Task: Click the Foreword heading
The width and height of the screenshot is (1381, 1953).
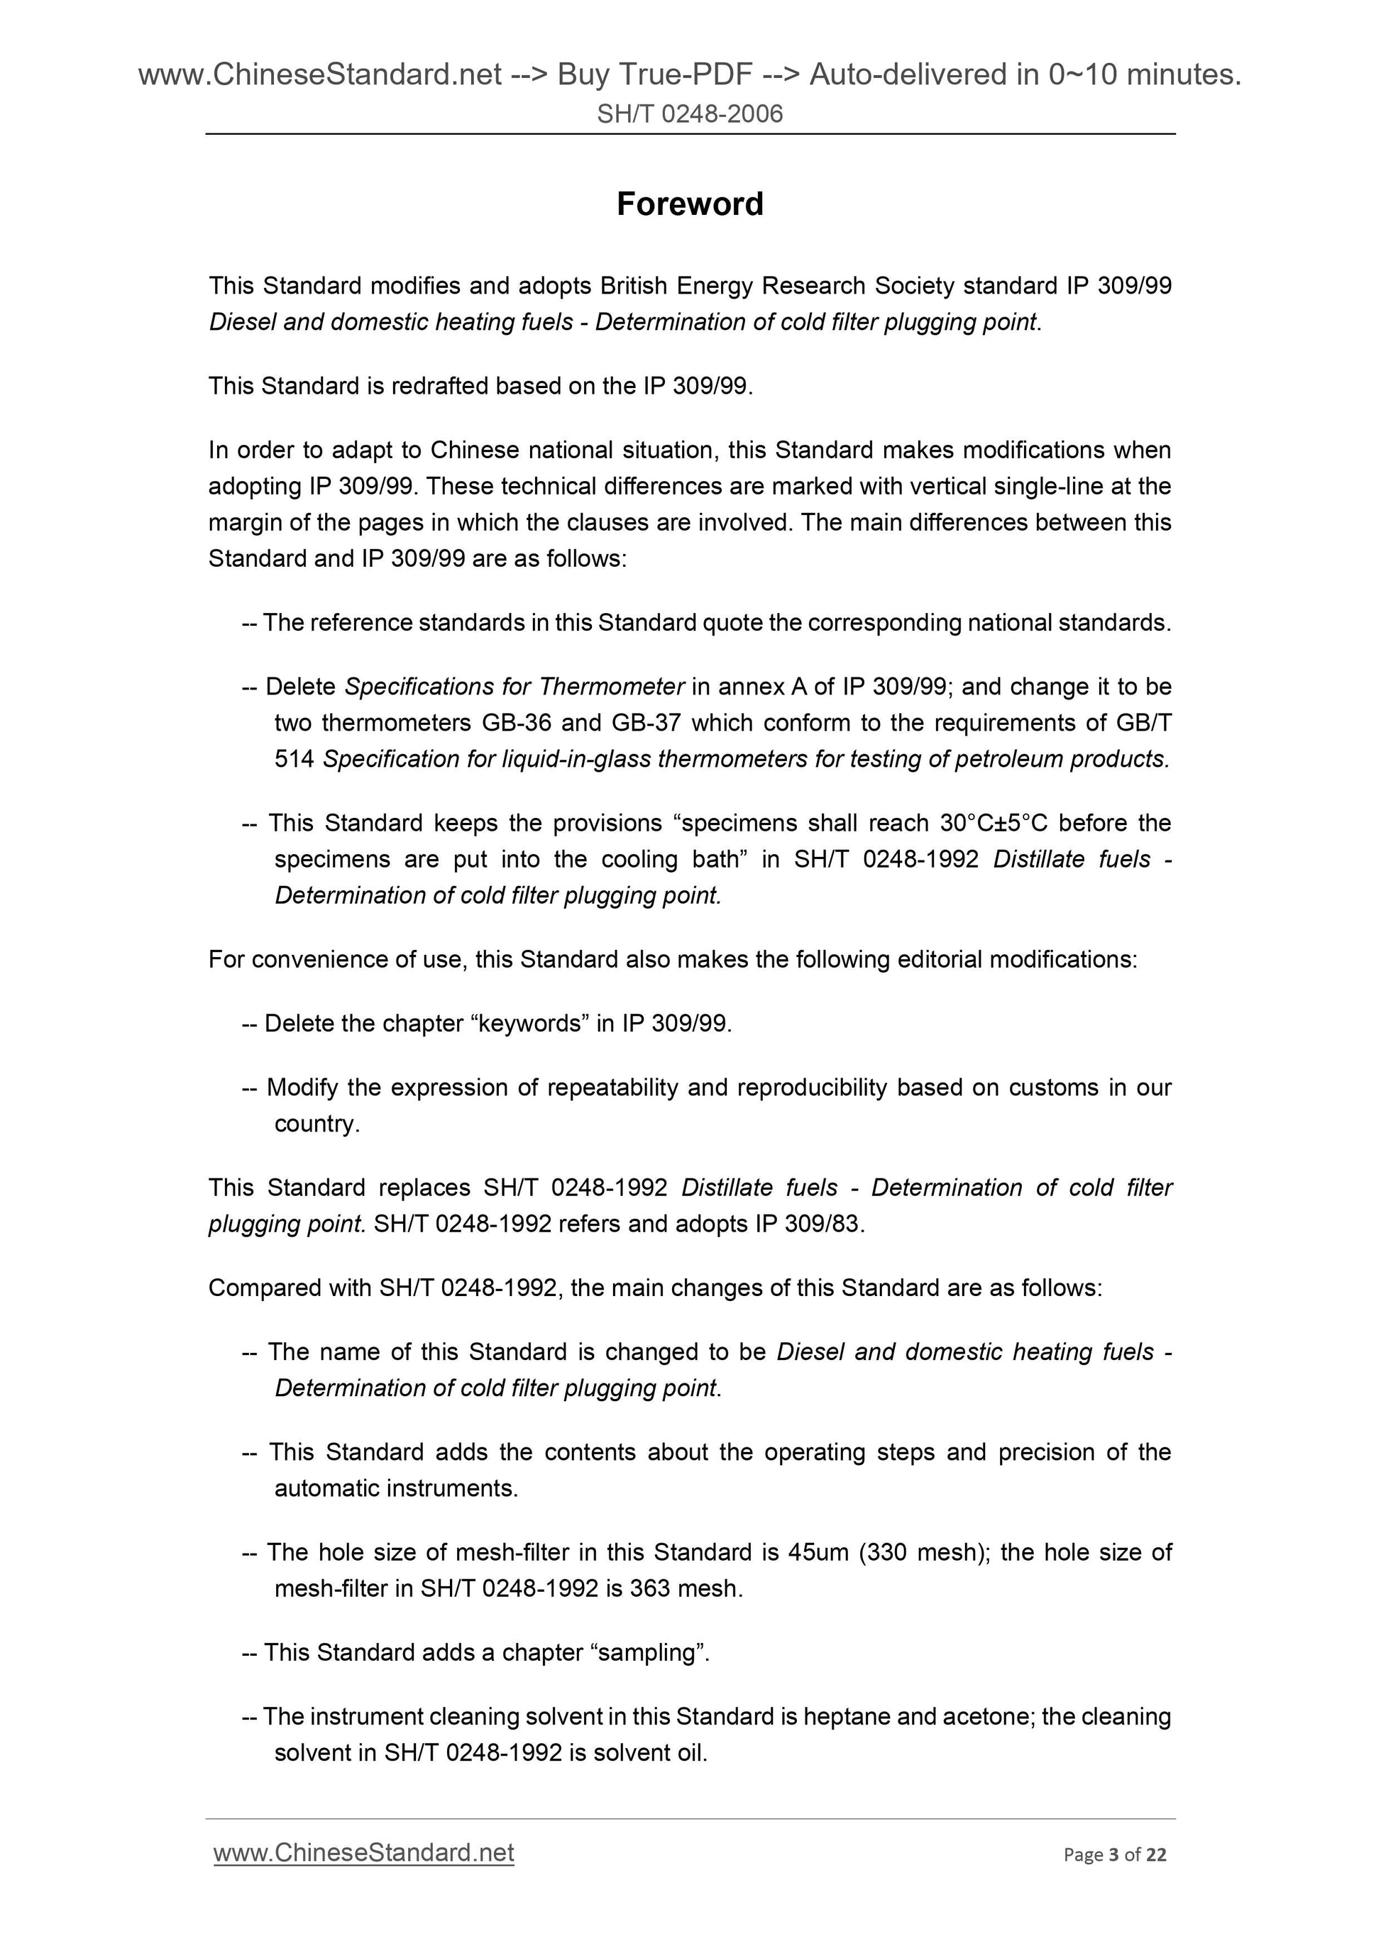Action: pos(690,204)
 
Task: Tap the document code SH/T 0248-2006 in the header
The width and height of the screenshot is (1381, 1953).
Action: pos(690,114)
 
